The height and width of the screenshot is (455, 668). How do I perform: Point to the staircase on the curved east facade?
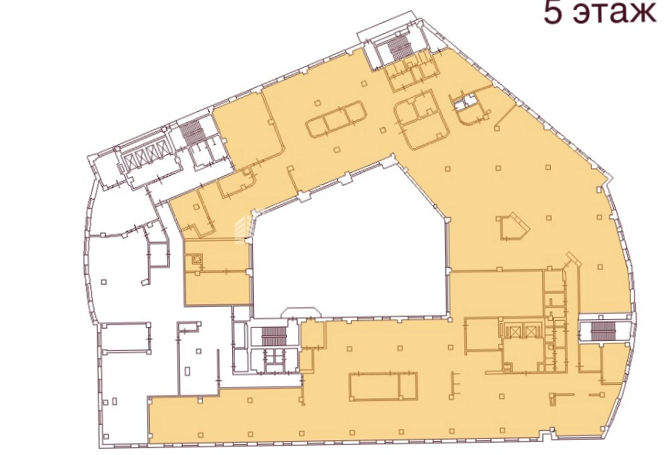pos(601,330)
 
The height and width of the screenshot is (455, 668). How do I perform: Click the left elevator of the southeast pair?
pos(515,331)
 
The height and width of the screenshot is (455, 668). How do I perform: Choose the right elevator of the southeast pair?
pos(530,331)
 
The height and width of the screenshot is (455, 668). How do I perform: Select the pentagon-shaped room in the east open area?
pos(513,229)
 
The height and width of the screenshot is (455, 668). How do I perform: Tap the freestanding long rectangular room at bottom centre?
pos(383,386)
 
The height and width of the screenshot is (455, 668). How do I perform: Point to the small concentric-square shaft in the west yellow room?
pos(197,258)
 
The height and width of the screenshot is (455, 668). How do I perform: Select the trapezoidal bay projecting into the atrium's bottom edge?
pos(301,312)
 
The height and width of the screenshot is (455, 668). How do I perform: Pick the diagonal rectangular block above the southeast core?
pos(572,259)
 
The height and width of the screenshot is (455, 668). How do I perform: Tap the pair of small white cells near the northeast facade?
pos(466,103)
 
